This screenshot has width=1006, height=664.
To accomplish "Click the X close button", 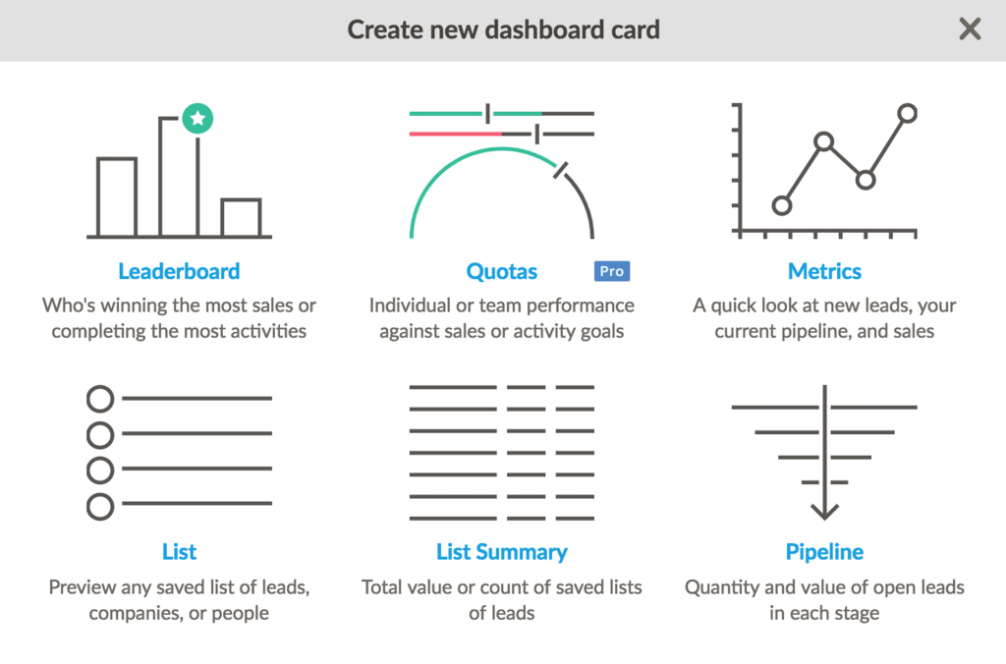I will coord(970,29).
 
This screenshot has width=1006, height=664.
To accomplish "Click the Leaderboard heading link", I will coord(179,271).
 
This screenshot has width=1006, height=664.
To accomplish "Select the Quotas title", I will coord(502,271).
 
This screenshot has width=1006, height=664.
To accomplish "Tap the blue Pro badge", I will coord(611,271).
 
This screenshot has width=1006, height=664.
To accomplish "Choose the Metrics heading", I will coord(824,271).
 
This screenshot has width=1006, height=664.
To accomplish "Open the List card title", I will coord(180,552).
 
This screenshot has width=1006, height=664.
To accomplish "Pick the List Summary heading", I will coord(502,552).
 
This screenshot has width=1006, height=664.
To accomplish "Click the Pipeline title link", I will coord(824,552).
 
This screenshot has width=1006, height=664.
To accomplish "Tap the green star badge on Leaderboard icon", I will coord(197,120).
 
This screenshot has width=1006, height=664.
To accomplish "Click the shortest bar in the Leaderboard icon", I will coord(241,218).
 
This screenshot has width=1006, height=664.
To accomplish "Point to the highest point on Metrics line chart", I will coord(907,113).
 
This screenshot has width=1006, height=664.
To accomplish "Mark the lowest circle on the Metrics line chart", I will coord(782,205).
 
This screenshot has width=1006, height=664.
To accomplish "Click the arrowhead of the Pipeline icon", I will coord(824,511).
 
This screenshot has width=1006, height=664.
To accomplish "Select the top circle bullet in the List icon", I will coord(100,399).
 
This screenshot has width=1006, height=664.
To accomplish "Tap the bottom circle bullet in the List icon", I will coord(100,507).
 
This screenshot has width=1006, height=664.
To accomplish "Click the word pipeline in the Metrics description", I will coord(817,331).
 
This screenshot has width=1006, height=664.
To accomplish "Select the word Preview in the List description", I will coord(84,587).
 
